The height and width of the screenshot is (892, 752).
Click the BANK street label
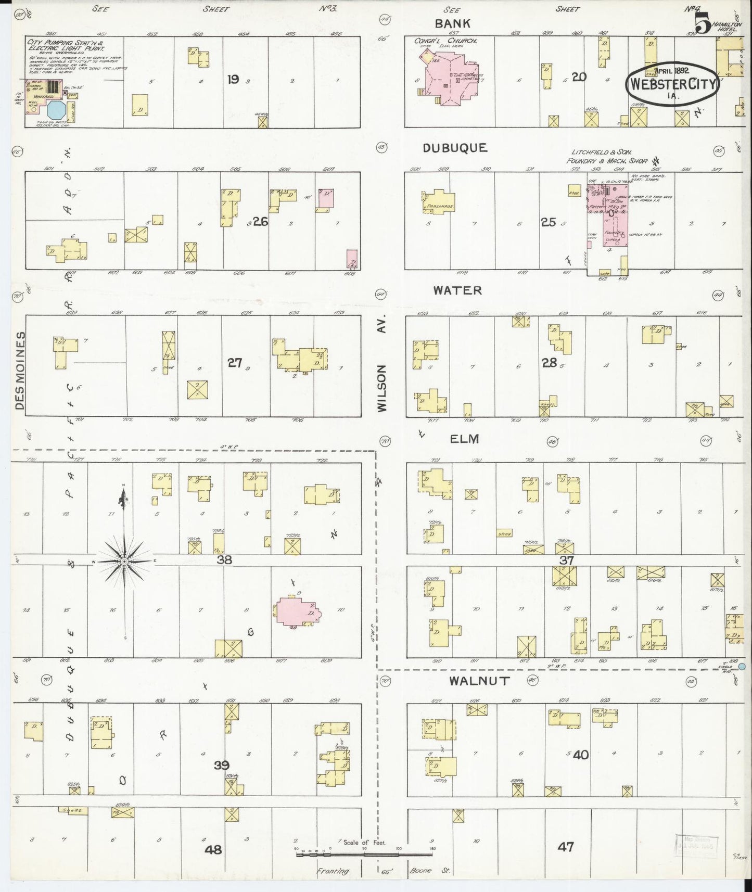(452, 23)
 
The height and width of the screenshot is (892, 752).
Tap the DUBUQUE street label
(455, 148)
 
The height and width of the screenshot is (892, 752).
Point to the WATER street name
(458, 290)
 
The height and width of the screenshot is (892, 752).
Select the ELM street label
(464, 439)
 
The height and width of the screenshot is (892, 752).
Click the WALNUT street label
(479, 681)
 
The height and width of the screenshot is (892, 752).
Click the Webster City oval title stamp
(672, 85)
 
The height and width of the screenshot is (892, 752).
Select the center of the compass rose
(124, 562)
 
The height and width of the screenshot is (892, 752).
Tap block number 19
(233, 79)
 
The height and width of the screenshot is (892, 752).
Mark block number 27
(235, 363)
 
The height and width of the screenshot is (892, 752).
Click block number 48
(213, 850)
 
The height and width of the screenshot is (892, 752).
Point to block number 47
(565, 847)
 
